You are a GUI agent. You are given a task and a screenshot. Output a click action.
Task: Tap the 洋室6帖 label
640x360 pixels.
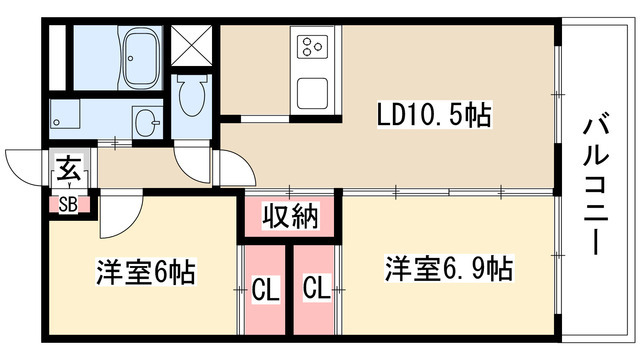pyautogui.click(x=146, y=271)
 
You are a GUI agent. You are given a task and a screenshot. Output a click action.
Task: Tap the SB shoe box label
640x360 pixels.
pyautogui.click(x=69, y=205)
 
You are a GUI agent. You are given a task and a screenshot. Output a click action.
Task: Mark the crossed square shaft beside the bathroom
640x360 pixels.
pyautogui.click(x=191, y=46)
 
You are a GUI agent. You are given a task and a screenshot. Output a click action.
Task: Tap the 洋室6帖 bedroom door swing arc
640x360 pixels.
pyautogui.click(x=118, y=210)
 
